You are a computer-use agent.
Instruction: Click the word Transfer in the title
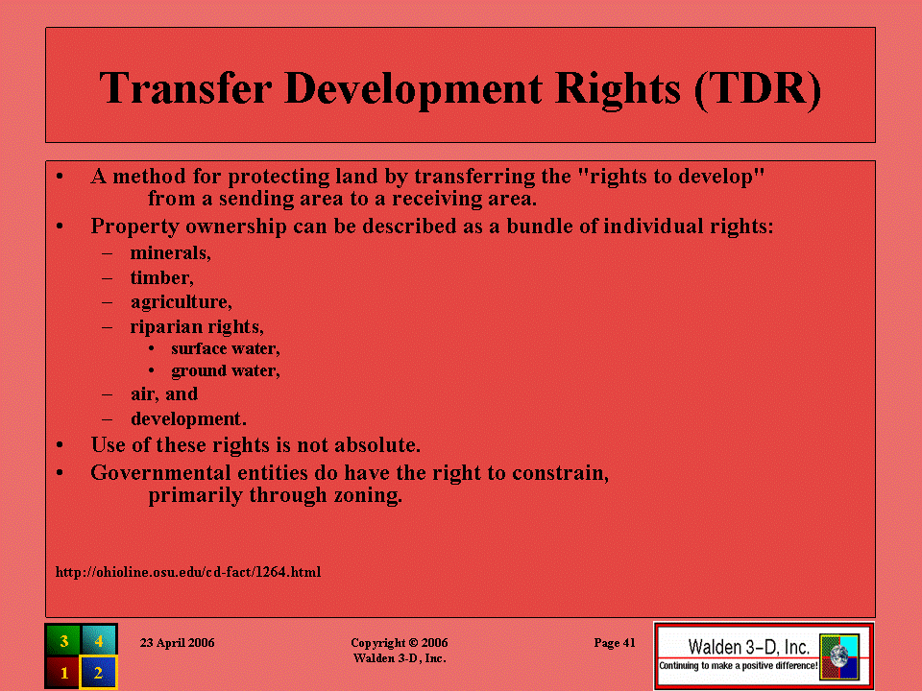pos(185,88)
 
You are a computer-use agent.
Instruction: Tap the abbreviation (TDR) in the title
pos(758,89)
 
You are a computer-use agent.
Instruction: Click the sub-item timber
pos(161,277)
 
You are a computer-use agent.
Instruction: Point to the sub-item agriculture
pos(182,302)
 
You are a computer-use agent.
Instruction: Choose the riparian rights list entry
pos(197,326)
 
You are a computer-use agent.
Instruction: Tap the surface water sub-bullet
pos(226,348)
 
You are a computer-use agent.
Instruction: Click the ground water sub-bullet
pos(226,370)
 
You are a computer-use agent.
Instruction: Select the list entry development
pos(188,418)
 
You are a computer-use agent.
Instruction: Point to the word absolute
pos(377,444)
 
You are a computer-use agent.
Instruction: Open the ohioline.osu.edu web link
pos(188,572)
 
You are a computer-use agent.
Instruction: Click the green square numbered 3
pos(63,640)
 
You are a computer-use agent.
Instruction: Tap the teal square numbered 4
pos(99,640)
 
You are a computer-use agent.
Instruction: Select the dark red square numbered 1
pos(63,672)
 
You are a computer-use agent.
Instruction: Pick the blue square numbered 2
pos(99,672)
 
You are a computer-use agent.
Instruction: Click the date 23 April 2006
pos(177,643)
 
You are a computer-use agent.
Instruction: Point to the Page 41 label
pos(615,643)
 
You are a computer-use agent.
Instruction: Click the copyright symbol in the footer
pos(413,643)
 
